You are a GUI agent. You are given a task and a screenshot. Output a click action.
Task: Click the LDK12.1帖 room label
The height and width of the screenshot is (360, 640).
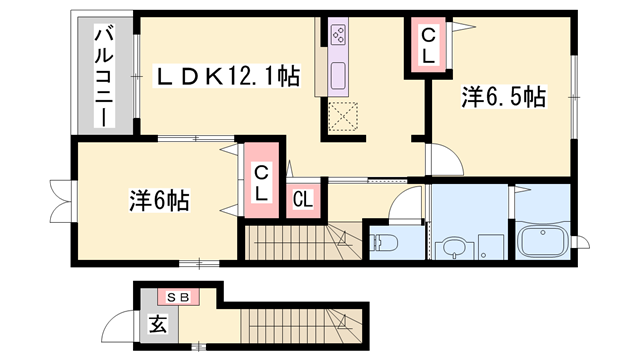[x=227, y=76]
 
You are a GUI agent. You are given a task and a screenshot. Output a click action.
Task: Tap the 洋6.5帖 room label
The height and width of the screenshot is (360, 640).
[x=503, y=97]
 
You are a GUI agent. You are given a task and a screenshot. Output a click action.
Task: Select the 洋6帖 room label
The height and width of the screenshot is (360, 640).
[x=160, y=200]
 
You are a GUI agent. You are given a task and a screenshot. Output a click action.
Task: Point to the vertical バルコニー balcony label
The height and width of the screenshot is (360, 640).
[x=104, y=76]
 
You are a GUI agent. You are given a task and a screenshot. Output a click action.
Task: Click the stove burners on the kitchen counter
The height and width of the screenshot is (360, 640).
[x=338, y=34]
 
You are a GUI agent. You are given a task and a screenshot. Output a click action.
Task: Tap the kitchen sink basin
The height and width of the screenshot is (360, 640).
[x=338, y=76]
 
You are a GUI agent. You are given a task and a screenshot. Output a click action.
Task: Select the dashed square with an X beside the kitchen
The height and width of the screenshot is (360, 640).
[x=343, y=117]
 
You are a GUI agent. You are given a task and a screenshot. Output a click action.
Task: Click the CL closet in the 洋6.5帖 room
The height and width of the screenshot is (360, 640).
[x=428, y=46]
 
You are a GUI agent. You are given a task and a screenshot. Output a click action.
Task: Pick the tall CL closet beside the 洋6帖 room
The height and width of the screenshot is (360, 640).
[x=261, y=180]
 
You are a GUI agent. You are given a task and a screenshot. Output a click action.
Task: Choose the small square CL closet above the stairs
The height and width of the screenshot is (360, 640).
[x=303, y=200]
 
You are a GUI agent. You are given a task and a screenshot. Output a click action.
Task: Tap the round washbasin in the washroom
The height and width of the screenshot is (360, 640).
[x=454, y=249]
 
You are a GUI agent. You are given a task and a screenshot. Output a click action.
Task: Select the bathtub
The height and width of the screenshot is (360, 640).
[x=542, y=241]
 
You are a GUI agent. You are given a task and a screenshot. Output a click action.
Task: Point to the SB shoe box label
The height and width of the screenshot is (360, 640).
[x=179, y=298]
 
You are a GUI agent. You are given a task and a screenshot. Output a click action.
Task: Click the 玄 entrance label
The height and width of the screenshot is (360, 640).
[x=158, y=324]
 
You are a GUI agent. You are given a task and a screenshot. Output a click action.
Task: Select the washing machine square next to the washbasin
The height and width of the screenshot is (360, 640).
[x=491, y=247]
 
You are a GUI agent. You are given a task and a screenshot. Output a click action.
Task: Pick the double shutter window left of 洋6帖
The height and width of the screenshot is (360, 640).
[x=61, y=202]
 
